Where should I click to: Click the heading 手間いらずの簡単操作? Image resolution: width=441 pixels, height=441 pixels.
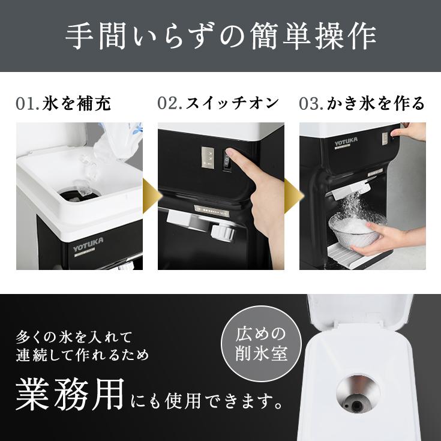pyautogui.click(x=220, y=37)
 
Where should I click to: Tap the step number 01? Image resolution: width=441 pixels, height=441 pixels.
pyautogui.click(x=27, y=104)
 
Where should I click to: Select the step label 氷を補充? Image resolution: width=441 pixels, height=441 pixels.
pyautogui.click(x=77, y=104)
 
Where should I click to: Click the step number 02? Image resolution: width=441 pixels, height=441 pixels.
pyautogui.click(x=169, y=104)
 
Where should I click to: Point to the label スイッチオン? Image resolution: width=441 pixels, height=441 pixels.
pyautogui.click(x=232, y=104)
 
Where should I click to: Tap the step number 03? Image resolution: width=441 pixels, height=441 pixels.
pyautogui.click(x=311, y=104)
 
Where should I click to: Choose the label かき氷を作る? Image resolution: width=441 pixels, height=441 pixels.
pyautogui.click(x=376, y=104)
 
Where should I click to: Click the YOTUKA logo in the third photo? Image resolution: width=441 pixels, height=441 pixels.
pyautogui.click(x=347, y=144)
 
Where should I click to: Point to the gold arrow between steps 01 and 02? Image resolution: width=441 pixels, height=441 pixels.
pyautogui.click(x=149, y=196)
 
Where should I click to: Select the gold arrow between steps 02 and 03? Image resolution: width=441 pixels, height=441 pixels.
pyautogui.click(x=292, y=196)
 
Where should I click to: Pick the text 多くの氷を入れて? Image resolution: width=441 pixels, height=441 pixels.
pyautogui.click(x=75, y=335)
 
